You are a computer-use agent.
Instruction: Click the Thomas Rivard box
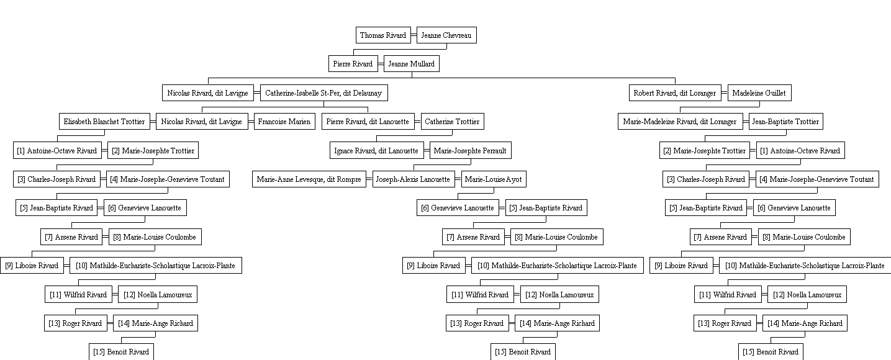384,35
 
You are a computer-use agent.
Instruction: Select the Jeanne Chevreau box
446,35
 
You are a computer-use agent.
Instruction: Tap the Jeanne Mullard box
411,64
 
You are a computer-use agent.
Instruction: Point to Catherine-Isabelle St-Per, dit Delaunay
323,92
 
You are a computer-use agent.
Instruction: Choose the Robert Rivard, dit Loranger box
675,92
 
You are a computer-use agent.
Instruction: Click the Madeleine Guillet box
759,92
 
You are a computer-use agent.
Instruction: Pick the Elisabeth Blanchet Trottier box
104,121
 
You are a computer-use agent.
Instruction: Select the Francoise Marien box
284,121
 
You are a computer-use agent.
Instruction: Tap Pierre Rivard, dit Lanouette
368,121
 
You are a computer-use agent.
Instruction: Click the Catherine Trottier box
452,121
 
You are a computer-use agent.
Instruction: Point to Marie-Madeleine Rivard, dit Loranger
680,121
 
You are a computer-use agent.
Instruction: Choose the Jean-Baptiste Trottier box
786,121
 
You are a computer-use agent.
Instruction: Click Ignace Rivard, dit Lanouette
377,150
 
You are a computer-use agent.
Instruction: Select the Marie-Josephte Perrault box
471,150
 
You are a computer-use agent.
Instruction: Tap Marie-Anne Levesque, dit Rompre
309,179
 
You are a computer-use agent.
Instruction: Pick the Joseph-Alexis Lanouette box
414,179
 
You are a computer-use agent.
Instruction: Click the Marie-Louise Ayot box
494,179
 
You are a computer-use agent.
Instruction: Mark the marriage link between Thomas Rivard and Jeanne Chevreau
414,35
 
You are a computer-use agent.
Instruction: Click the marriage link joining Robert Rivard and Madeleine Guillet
725,92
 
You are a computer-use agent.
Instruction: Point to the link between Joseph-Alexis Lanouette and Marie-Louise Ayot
458,179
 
